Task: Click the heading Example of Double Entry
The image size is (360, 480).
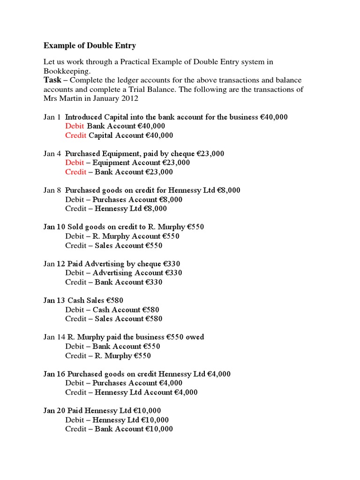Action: click(90, 45)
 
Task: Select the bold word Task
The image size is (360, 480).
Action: click(52, 80)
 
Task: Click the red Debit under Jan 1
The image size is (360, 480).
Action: click(75, 126)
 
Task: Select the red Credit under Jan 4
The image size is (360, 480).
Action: click(76, 172)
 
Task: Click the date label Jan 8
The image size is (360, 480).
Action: click(52, 190)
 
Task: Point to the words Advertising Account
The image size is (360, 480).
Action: click(125, 273)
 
